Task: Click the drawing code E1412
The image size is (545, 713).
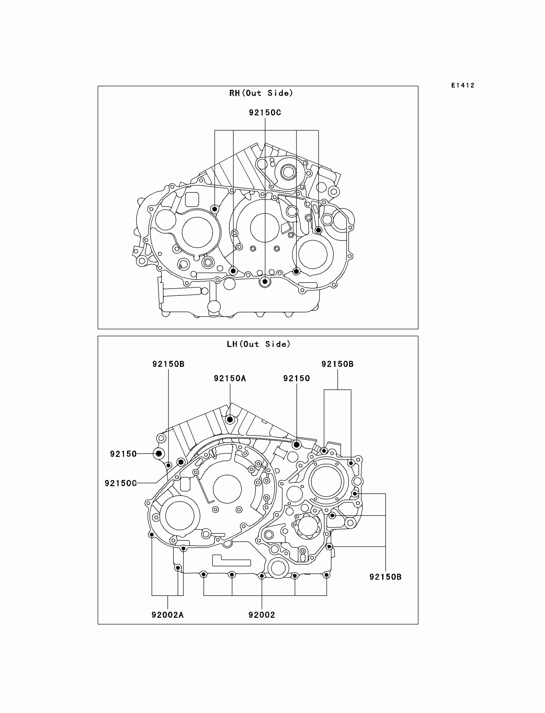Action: tap(463, 85)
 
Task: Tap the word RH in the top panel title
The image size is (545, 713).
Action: tap(234, 93)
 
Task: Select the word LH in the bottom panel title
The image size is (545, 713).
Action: tap(232, 344)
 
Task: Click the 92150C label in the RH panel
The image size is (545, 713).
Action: tap(265, 112)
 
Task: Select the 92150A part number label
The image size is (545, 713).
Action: tap(230, 378)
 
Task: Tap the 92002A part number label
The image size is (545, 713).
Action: tap(167, 615)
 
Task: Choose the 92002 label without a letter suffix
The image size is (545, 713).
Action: tap(262, 615)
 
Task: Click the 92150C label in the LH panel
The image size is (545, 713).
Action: tap(120, 483)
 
